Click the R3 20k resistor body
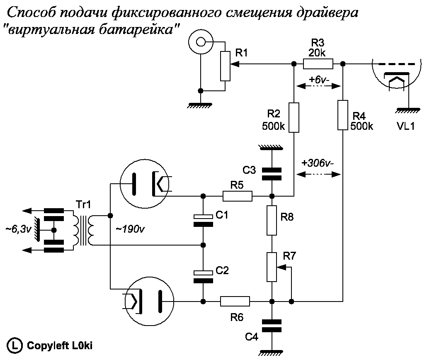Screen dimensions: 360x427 pos(318,64)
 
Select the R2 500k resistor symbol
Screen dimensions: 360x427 pos(294,118)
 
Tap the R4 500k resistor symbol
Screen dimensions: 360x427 pos(343,115)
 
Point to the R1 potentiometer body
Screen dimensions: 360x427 pos(225,66)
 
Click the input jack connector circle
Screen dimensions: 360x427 pos(201,41)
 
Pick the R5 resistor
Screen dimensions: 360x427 pos(238,196)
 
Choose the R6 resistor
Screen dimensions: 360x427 pos(235,301)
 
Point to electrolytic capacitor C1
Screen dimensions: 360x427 pos(203,220)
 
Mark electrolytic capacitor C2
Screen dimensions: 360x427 pos(203,276)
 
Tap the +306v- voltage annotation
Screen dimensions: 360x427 pos(318,163)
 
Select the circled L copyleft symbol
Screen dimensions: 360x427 pos(15,345)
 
